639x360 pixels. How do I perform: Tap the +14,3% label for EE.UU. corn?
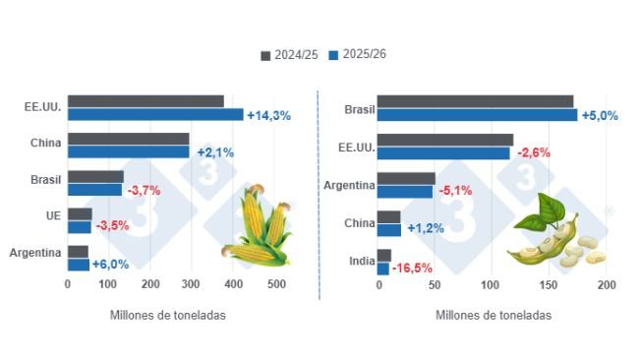pos(268,115)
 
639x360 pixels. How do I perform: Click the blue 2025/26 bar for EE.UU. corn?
pos(155,114)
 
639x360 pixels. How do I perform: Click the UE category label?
pos(53,214)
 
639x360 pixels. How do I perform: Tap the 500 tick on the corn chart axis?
pos(276,285)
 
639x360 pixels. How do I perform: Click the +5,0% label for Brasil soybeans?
pos(600,115)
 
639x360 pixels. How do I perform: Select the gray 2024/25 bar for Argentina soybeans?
pos(406,178)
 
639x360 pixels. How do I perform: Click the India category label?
pos(362,261)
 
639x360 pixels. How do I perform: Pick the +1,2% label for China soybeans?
pos(425,228)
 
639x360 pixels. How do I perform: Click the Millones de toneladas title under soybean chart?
pos(493,316)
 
